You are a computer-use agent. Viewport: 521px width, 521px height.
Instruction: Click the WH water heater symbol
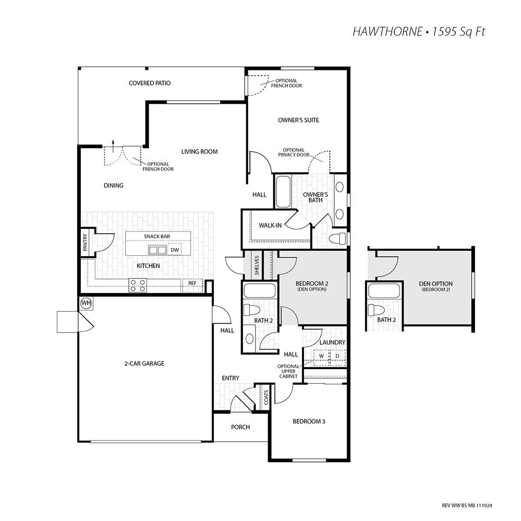(86, 303)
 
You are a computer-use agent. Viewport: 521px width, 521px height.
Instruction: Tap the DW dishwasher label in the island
(175, 250)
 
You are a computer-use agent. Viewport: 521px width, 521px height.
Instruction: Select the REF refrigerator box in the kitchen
(192, 285)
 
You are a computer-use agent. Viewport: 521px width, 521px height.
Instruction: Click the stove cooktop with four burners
(138, 285)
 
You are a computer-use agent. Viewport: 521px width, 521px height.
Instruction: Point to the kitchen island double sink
(157, 250)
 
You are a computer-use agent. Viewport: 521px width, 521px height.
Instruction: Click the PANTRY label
(85, 242)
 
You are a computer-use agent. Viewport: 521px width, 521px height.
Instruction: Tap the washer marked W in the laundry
(321, 356)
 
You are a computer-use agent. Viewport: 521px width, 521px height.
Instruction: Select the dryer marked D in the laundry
(337, 356)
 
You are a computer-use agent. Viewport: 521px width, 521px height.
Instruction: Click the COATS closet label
(266, 397)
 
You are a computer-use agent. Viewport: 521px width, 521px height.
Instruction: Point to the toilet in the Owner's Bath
(338, 238)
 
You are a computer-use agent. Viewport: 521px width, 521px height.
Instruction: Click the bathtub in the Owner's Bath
(283, 192)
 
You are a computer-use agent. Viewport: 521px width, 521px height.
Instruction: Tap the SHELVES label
(257, 265)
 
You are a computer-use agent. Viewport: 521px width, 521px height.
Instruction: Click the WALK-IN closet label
(270, 226)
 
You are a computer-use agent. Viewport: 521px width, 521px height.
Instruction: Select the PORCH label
(240, 427)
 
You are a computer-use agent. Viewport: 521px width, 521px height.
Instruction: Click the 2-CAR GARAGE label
(144, 364)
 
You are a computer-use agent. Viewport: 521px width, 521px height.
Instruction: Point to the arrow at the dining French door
(113, 146)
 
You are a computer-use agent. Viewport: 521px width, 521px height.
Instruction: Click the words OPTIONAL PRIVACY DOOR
(294, 152)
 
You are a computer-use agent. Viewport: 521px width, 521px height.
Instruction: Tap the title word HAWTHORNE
(387, 32)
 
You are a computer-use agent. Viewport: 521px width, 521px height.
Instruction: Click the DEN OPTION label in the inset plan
(435, 284)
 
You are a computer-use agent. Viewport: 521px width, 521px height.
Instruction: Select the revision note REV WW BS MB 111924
(467, 506)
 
